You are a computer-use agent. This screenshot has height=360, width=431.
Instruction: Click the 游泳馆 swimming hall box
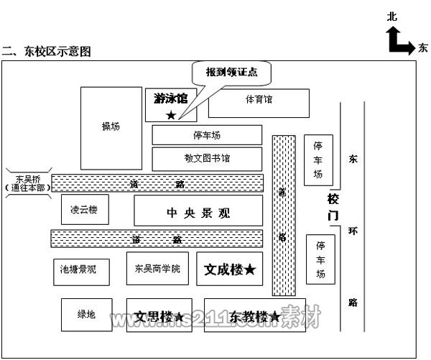[171, 105]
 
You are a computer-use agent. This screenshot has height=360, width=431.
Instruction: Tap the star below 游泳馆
[170, 115]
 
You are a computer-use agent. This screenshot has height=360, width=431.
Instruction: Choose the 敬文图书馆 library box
[207, 157]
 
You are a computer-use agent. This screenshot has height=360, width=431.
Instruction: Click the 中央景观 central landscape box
[198, 212]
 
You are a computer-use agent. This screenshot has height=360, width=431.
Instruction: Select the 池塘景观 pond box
[78, 270]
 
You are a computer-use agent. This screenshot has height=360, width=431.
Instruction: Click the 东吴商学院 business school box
[157, 269]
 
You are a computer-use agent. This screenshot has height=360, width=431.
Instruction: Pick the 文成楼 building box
[229, 269]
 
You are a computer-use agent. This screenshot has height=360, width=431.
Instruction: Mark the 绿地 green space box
[86, 314]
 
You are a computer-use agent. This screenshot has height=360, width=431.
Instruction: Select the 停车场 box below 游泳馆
[207, 134]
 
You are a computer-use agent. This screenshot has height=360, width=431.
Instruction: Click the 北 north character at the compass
[391, 16]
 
